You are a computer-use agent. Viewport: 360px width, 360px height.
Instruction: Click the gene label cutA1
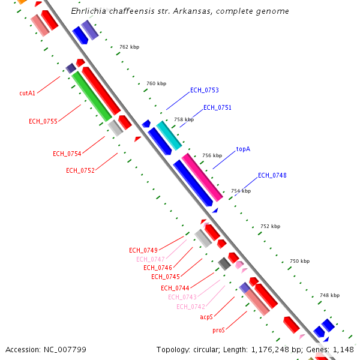[27, 93]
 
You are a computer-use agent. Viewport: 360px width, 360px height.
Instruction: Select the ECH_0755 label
[43, 121]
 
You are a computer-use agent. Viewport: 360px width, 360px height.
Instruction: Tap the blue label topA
[243, 148]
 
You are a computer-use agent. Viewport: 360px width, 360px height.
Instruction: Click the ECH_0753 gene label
[205, 91]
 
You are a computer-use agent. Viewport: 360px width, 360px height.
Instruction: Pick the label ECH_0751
[217, 108]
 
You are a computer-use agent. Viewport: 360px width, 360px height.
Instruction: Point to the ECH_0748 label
[272, 176]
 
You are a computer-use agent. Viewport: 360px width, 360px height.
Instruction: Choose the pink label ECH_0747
[150, 259]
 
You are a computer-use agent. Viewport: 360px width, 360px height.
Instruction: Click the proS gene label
[218, 330]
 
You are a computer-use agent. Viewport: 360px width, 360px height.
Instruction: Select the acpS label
[206, 317]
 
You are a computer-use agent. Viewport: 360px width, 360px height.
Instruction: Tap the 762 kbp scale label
[130, 47]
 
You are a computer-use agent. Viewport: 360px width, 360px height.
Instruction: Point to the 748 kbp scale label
[329, 295]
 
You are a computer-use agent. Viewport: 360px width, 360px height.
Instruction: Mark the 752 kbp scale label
[271, 226]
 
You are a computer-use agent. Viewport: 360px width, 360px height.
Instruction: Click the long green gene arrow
[91, 96]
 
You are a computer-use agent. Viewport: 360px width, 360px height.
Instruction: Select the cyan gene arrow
[169, 136]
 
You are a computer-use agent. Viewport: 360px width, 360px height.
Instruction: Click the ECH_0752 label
[80, 170]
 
